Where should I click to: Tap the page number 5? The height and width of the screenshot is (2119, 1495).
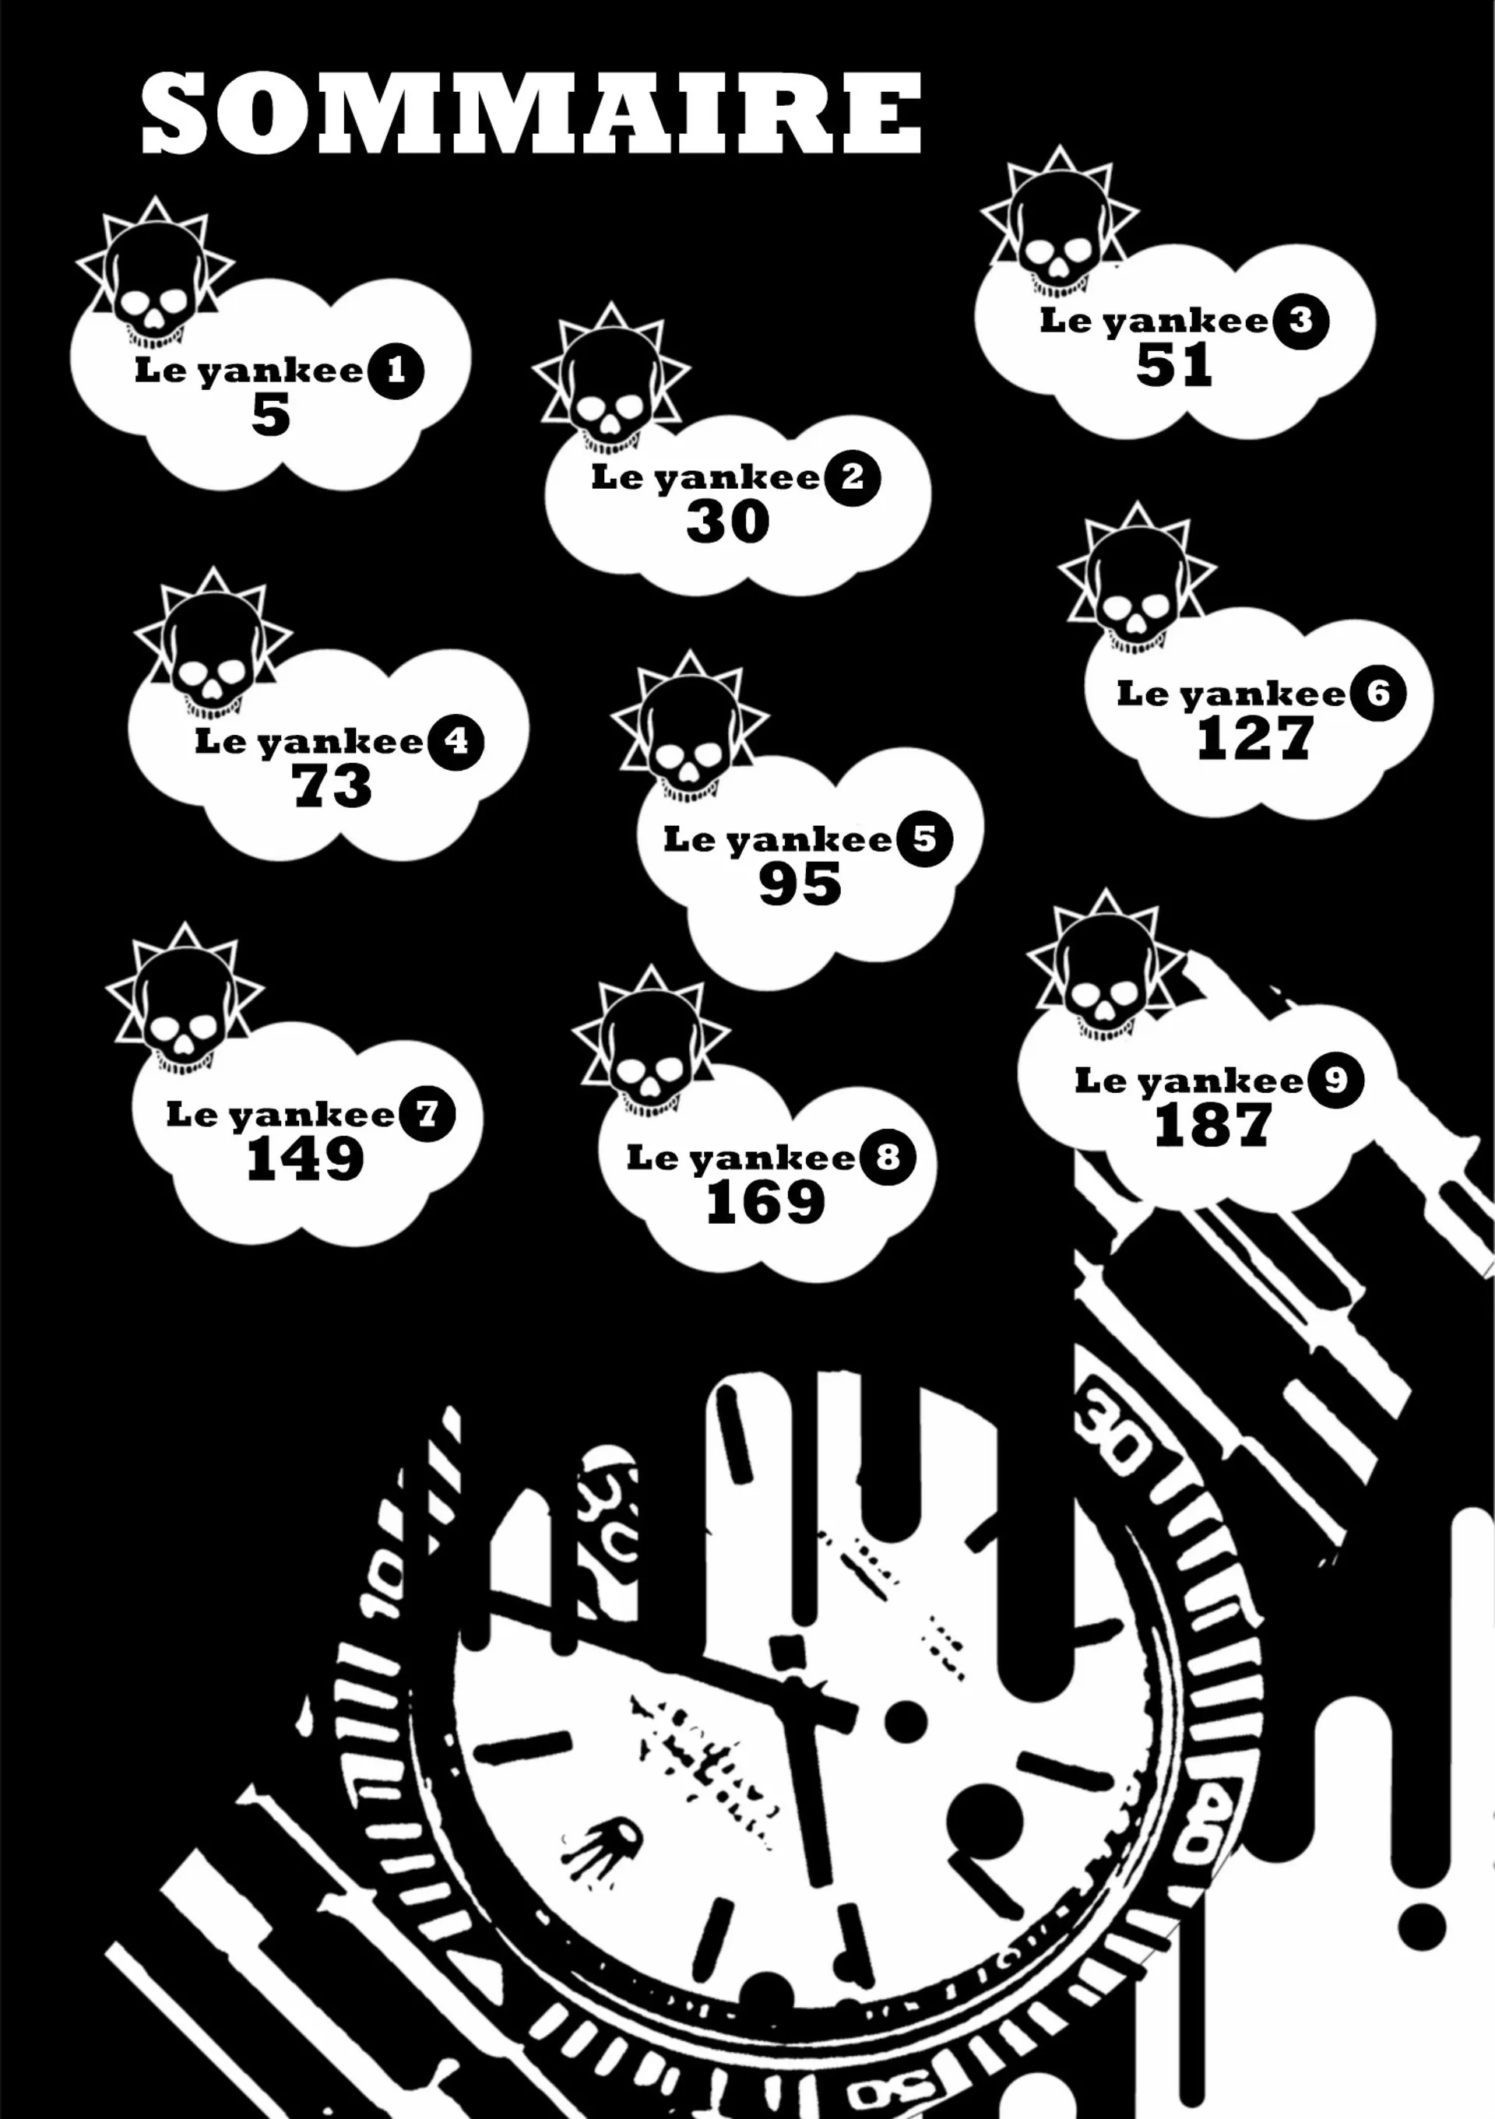pyautogui.click(x=270, y=415)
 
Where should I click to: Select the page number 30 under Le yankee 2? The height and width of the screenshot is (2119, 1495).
pyautogui.click(x=727, y=522)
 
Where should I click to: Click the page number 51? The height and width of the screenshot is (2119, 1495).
pyautogui.click(x=1173, y=364)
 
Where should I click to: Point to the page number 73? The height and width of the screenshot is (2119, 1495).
pyautogui.click(x=332, y=786)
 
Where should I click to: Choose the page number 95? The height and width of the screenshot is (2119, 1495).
pyautogui.click(x=800, y=884)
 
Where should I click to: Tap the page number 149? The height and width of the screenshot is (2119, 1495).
pyautogui.click(x=304, y=1159)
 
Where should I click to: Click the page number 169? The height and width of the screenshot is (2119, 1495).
pyautogui.click(x=765, y=1203)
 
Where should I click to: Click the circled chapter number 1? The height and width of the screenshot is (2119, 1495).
pyautogui.click(x=396, y=371)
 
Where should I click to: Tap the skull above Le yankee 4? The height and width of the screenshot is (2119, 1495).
pyautogui.click(x=213, y=651)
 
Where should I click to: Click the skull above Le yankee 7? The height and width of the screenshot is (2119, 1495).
pyautogui.click(x=185, y=1005)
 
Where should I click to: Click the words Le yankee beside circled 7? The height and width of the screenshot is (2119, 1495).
pyautogui.click(x=280, y=1115)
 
